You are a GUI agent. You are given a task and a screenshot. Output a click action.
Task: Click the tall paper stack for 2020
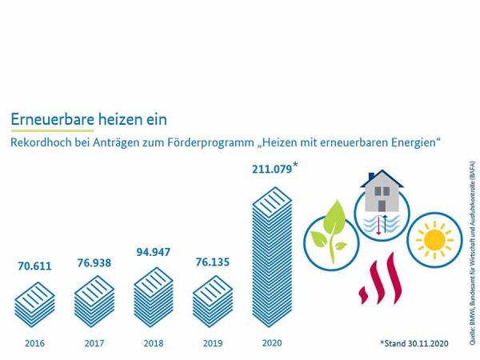point(272,256)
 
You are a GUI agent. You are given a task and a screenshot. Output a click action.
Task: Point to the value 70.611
point(34,266)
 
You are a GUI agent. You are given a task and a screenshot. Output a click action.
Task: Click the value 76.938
point(94,262)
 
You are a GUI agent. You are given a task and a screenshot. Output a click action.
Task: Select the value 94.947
point(154,251)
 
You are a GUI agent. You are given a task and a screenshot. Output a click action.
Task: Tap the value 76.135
point(213,261)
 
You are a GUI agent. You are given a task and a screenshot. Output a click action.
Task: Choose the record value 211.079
point(270,169)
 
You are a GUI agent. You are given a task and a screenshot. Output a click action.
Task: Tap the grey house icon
point(382,193)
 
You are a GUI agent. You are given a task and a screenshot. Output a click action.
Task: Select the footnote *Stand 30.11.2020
point(417,343)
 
